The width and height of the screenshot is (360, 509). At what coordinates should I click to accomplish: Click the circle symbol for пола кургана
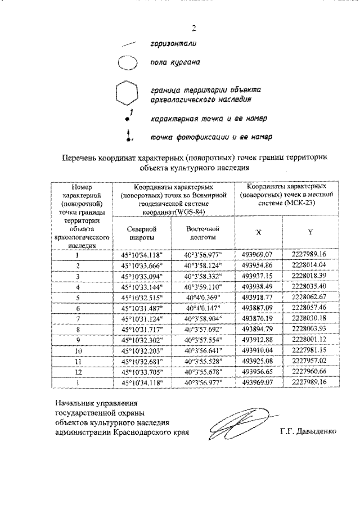tap(127, 63)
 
